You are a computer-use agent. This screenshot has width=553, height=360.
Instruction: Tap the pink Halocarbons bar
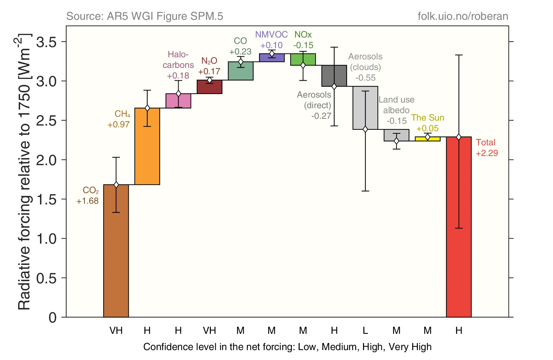click(x=178, y=101)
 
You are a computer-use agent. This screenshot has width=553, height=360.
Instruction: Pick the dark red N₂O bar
click(x=209, y=87)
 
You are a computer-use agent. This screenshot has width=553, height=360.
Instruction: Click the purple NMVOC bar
click(x=272, y=58)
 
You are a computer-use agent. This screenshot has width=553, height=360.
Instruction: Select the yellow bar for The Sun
click(x=427, y=139)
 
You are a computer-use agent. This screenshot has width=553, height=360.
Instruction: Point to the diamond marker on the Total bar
click(x=459, y=137)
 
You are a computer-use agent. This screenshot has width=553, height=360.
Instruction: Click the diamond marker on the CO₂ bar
click(x=116, y=185)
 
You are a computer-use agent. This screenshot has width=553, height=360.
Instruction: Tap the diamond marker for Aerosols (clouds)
click(x=365, y=129)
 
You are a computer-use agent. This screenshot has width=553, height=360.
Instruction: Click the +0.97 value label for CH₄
click(x=119, y=124)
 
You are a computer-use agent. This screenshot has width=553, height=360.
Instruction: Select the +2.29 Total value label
click(x=487, y=153)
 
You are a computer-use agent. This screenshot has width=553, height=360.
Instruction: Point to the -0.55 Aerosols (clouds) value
click(x=365, y=78)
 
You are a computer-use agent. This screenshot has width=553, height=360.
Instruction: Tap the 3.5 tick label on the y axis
click(x=47, y=42)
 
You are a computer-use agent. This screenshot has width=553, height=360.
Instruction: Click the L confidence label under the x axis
click(x=365, y=331)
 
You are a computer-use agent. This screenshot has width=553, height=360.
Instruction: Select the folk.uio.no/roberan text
click(x=463, y=16)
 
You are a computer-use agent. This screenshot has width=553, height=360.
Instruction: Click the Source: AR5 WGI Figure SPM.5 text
click(x=145, y=16)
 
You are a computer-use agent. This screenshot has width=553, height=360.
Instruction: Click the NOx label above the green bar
click(x=303, y=35)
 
